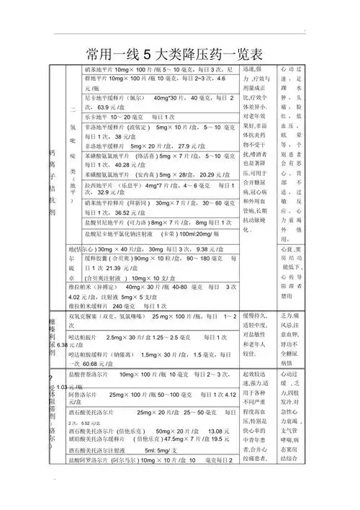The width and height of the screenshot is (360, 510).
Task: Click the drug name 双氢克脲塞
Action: coord(88,316)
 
